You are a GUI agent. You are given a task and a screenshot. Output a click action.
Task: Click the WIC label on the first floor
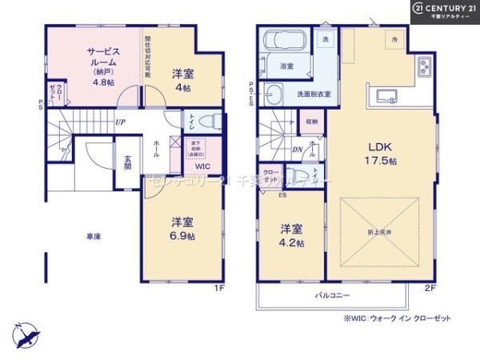click(203, 166)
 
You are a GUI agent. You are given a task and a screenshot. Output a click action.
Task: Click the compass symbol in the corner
click(25, 334)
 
